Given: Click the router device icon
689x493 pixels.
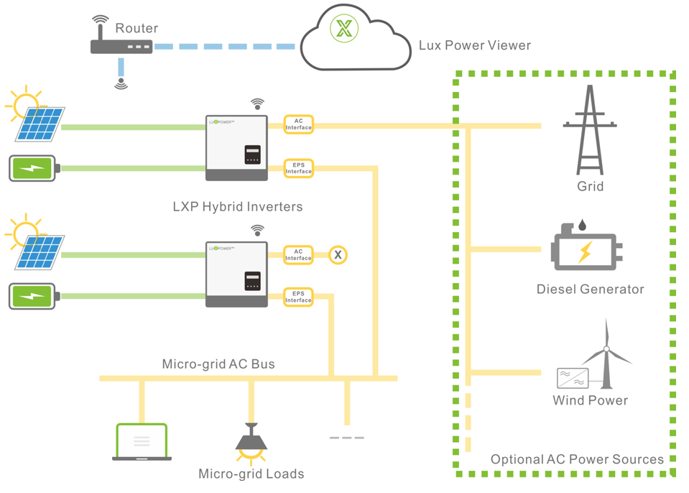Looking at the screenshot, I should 121,47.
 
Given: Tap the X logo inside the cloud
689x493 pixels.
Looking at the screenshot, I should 346,29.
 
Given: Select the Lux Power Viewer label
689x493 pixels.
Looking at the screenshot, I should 474,45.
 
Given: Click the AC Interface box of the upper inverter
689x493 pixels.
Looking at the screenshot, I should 298,124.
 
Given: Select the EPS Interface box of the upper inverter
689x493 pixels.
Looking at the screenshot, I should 298,168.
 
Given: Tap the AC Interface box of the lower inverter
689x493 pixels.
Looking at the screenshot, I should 298,254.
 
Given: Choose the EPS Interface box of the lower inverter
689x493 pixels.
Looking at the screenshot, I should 298,297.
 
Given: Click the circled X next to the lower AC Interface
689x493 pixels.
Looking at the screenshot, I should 338,254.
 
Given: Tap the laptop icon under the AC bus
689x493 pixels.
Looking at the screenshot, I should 142,442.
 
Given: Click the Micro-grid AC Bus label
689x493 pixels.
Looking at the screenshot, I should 218,364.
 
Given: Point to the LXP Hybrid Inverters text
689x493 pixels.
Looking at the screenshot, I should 237,207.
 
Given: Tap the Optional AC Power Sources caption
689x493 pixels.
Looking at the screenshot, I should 577,459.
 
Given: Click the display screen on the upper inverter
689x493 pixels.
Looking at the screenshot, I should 252,155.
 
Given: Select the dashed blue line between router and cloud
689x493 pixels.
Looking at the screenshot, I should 225,47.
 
